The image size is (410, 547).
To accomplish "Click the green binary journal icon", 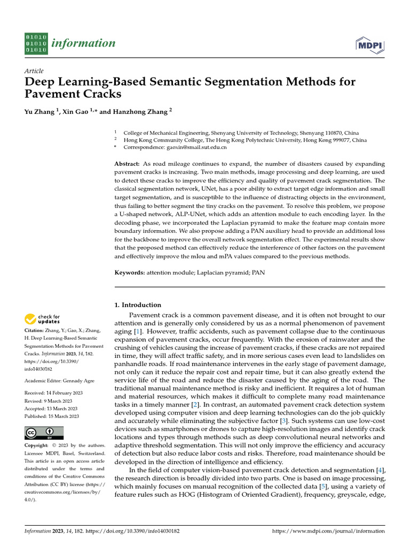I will tap(36, 43).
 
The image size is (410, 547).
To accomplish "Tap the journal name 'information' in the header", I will tap(83, 43).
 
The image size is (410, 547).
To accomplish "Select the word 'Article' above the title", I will tap(34, 71).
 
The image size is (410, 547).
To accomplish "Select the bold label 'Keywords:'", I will tap(130, 273).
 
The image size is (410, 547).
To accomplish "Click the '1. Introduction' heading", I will tap(138, 305).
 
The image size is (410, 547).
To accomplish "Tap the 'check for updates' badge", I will tap(42, 319).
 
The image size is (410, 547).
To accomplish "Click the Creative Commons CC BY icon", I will tap(44, 433).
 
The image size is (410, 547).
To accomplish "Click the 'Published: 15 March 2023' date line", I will tap(52, 416).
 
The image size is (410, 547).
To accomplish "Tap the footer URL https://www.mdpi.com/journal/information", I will tap(328, 532).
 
